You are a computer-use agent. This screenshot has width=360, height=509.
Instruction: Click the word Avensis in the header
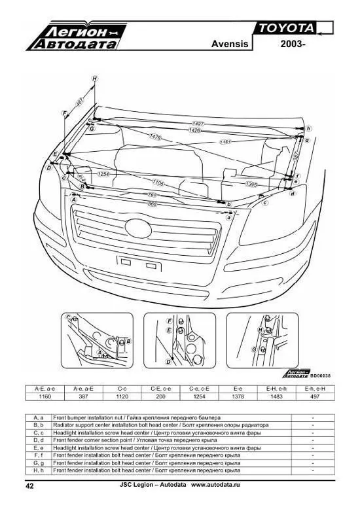[230, 44]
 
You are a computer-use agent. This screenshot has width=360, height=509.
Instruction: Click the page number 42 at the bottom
[29, 486]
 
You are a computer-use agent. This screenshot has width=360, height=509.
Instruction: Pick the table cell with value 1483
[276, 396]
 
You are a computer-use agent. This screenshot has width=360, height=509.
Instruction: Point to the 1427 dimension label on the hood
[197, 124]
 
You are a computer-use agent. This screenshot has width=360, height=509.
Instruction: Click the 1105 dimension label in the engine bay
[158, 182]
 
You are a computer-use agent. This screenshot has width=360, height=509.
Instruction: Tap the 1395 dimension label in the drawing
[251, 185]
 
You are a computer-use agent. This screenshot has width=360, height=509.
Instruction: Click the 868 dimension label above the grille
[153, 203]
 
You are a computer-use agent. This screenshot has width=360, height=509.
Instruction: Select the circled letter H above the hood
[94, 79]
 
